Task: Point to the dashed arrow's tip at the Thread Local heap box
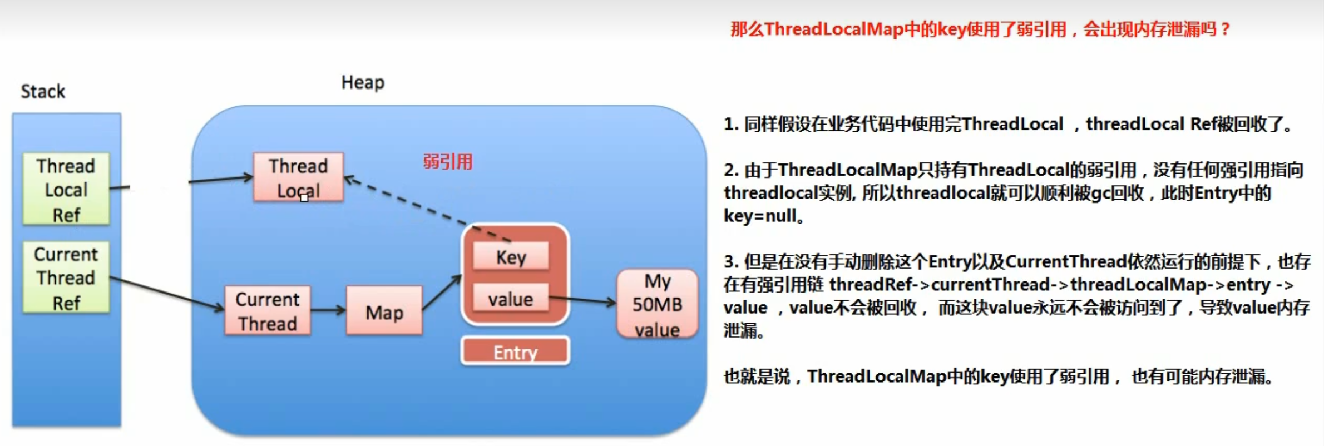point(344,178)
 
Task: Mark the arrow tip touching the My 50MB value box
point(617,303)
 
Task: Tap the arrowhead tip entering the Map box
point(346,310)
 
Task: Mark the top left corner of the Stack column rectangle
point(13,114)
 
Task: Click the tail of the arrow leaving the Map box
point(423,309)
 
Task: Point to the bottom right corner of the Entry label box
point(569,364)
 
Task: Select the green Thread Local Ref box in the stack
point(66,189)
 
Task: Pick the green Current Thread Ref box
point(66,277)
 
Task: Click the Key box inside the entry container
point(511,256)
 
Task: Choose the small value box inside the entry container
point(511,298)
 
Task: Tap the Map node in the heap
point(384,310)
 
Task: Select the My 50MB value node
point(658,304)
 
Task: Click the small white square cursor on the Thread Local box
point(304,197)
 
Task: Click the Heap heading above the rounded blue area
point(363,83)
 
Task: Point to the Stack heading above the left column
point(43,91)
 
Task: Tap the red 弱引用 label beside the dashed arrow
point(448,162)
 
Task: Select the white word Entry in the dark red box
point(515,352)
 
